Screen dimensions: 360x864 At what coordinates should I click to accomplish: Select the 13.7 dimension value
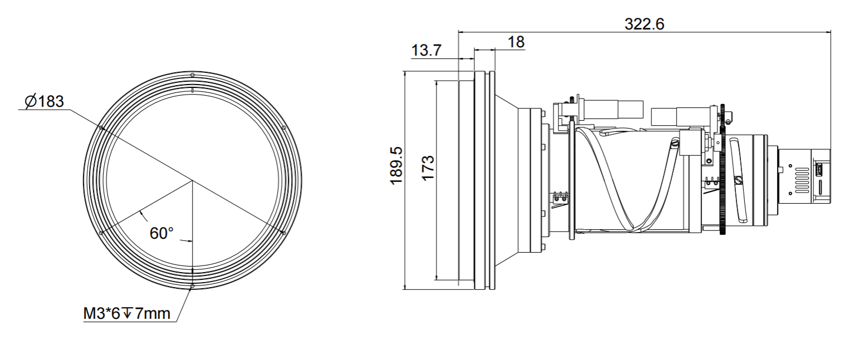pyautogui.click(x=426, y=51)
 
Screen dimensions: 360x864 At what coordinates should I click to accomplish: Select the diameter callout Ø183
pyautogui.click(x=45, y=102)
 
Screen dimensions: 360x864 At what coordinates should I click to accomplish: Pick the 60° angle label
pyautogui.click(x=162, y=233)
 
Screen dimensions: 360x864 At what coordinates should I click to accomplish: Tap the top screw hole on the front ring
pyautogui.click(x=192, y=75)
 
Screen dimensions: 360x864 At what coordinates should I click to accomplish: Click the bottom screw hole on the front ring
pyautogui.click(x=192, y=286)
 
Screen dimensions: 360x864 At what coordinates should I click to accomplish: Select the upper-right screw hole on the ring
pyautogui.click(x=283, y=128)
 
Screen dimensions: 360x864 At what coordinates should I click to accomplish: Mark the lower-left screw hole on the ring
pyautogui.click(x=100, y=233)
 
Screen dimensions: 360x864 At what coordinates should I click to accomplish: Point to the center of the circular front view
pyautogui.click(x=192, y=180)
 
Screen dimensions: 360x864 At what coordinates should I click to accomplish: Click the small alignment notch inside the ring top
pyautogui.click(x=192, y=89)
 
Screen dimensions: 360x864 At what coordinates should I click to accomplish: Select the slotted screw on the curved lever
pyautogui.click(x=739, y=180)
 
